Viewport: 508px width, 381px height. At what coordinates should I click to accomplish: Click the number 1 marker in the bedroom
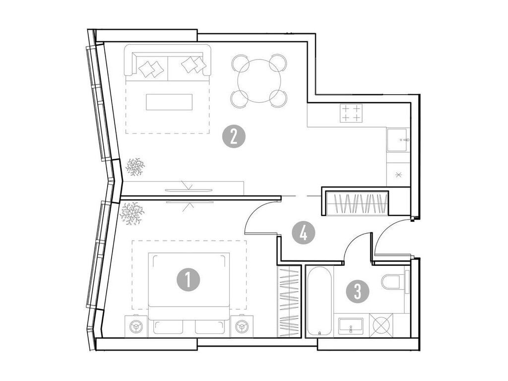click(x=189, y=280)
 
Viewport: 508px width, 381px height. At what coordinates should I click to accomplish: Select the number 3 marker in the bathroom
click(x=358, y=291)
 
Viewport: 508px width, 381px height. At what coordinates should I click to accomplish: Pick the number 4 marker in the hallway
click(x=303, y=232)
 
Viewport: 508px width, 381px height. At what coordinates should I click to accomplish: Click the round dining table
click(x=259, y=81)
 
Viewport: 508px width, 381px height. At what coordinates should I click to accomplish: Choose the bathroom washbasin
click(x=352, y=326)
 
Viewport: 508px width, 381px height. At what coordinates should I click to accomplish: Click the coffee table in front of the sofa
click(x=168, y=103)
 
